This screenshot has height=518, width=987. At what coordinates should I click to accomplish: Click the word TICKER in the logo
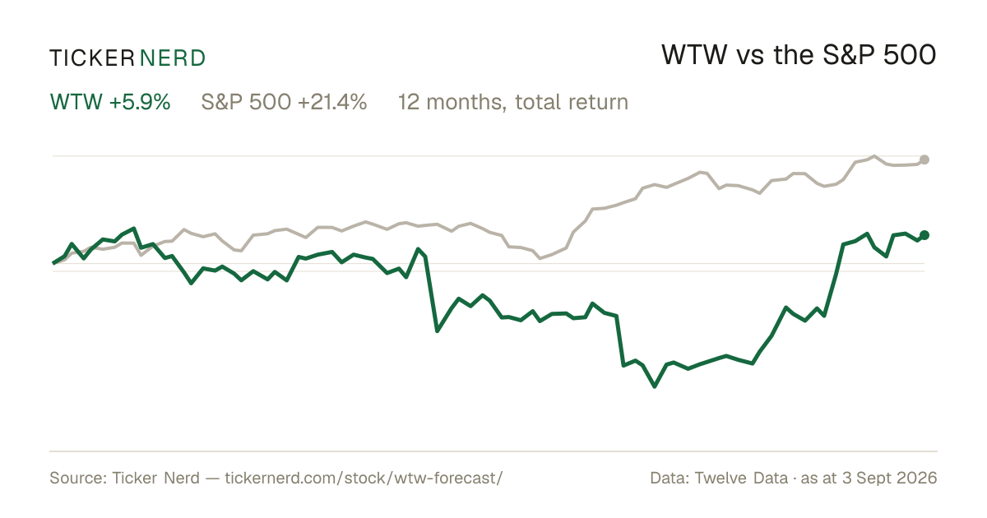(x=91, y=58)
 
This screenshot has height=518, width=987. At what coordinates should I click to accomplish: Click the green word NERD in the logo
(x=172, y=58)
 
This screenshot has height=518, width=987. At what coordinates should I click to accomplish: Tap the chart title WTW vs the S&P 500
(x=799, y=55)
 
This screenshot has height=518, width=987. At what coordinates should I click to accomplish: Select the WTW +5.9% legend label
(x=110, y=102)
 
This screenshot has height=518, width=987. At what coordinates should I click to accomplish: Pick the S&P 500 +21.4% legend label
(x=284, y=102)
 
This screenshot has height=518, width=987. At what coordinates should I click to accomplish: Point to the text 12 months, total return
(x=513, y=103)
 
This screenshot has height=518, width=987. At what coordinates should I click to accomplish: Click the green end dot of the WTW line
(x=924, y=235)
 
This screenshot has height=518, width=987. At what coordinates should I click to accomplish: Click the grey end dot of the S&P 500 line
(x=924, y=160)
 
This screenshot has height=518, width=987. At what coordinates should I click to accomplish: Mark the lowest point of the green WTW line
(x=655, y=386)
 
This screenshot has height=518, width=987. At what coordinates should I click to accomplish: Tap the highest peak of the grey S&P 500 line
(x=874, y=156)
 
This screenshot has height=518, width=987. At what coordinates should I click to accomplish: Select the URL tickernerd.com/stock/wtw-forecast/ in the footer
(x=364, y=478)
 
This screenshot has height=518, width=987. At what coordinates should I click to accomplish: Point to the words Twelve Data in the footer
(x=741, y=478)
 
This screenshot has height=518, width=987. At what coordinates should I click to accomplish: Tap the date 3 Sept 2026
(x=890, y=478)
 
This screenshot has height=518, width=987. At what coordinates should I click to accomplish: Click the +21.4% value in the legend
(x=332, y=102)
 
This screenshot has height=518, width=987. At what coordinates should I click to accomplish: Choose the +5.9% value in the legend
(x=139, y=102)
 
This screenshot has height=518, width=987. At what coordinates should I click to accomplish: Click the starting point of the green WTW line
(x=53, y=263)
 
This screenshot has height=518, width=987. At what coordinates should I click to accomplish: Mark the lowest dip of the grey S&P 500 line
(x=540, y=258)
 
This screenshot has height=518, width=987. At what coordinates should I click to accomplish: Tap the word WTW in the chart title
(x=694, y=55)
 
